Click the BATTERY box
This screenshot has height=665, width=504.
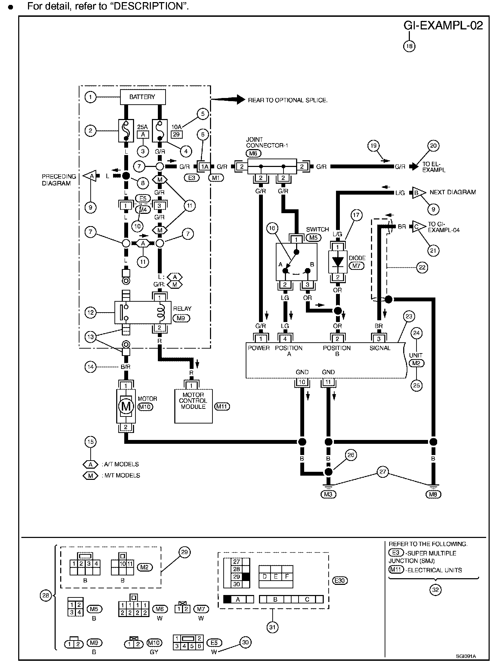142,97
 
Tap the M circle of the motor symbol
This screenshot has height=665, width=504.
126,406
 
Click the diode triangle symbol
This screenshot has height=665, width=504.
338,261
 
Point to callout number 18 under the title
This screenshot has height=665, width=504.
409,46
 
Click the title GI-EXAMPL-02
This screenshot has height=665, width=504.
443,26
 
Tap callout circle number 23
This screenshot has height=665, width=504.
409,316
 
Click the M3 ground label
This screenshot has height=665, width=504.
328,494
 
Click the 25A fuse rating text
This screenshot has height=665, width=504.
142,127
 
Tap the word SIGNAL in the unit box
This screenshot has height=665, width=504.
380,348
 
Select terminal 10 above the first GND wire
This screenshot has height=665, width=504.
302,382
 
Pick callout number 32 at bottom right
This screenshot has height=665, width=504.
435,590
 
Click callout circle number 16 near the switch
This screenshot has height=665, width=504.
272,229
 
